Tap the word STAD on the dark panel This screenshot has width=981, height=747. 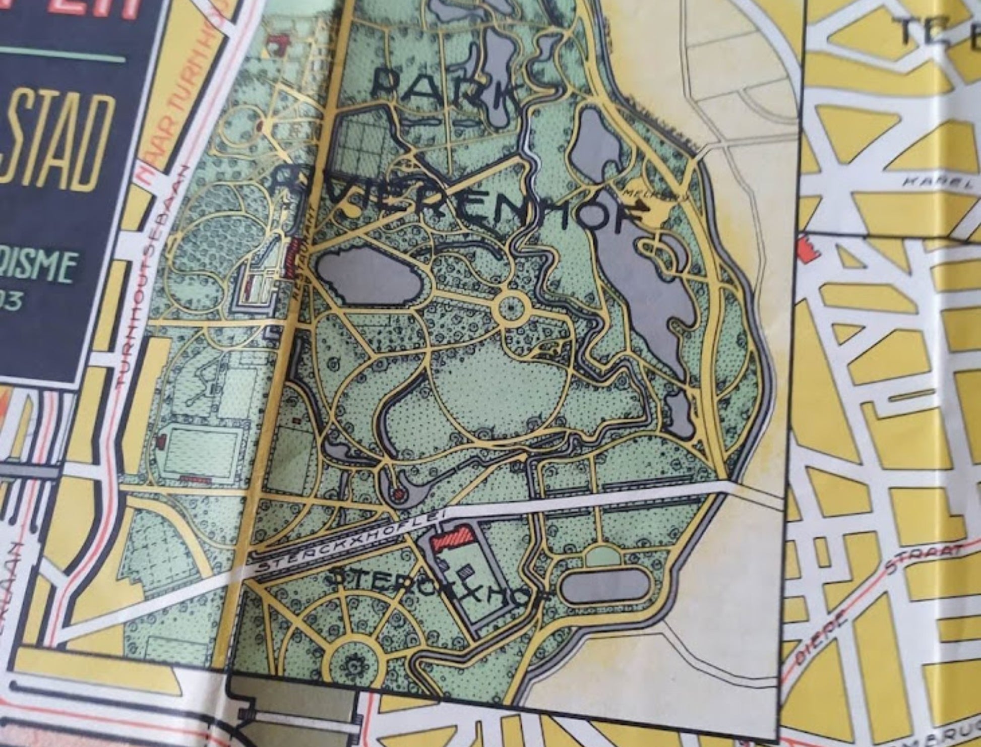(55, 144)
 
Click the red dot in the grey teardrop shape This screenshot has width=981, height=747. (399, 493)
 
